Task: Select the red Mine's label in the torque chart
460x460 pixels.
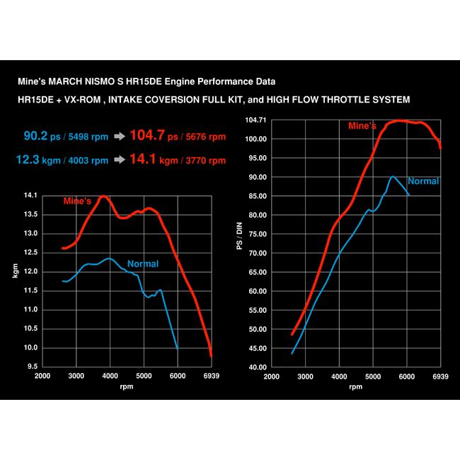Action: [x=78, y=202]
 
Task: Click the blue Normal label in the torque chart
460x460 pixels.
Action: [x=143, y=264]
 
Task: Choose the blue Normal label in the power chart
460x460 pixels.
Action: [x=423, y=181]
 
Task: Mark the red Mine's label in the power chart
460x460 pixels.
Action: [x=362, y=126]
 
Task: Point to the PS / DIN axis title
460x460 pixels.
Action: [x=239, y=243]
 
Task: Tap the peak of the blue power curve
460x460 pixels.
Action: [x=393, y=176]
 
